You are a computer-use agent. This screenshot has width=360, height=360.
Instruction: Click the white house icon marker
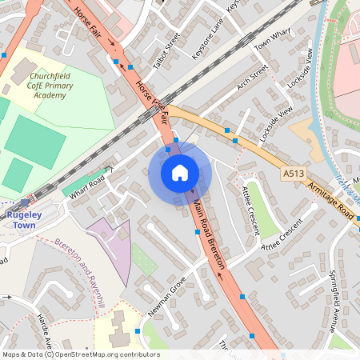tap(180, 173)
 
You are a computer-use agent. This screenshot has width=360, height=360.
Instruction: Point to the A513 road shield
tap(292, 173)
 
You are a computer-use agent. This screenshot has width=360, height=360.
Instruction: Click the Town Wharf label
tap(272, 46)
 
